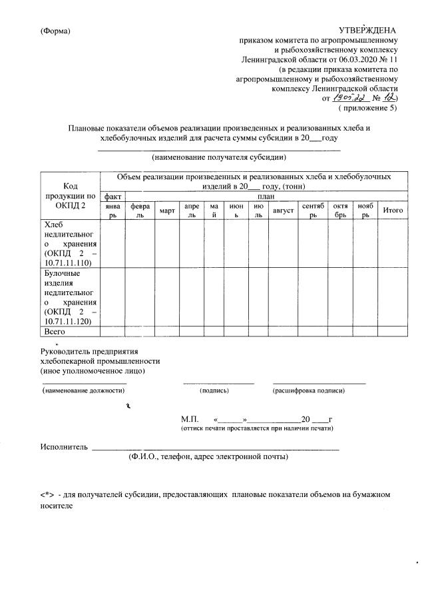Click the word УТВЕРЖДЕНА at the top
click(367, 31)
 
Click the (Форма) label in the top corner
click(55, 31)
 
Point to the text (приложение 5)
click(367, 107)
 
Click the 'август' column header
click(283, 211)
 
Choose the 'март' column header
click(167, 211)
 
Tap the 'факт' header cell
click(112, 197)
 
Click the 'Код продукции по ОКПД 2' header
click(70, 196)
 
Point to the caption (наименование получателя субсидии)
click(219, 158)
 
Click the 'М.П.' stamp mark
click(190, 420)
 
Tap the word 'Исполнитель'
click(64, 446)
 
